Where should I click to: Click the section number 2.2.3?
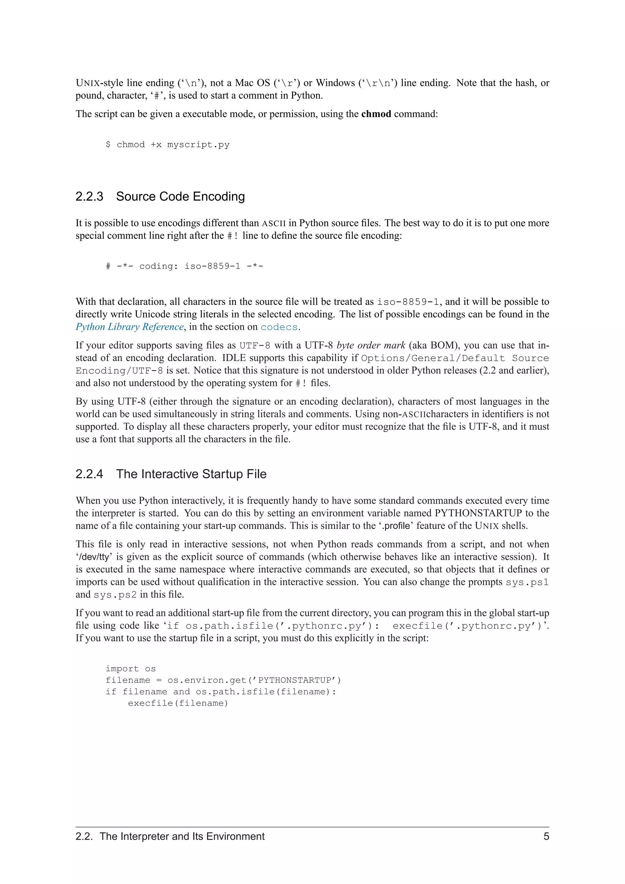(89, 197)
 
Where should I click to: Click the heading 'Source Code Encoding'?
(180, 197)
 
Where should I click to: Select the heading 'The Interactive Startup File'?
(191, 474)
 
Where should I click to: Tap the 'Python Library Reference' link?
(129, 327)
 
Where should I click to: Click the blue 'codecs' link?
(279, 327)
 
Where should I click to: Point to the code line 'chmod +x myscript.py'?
(173, 145)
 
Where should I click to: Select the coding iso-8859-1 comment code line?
(184, 266)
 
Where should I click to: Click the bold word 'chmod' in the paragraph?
(376, 114)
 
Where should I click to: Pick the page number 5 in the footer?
(546, 836)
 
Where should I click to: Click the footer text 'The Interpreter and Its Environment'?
(182, 836)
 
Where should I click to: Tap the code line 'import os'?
(131, 669)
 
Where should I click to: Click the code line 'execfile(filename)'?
(178, 703)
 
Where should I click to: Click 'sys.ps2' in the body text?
(115, 595)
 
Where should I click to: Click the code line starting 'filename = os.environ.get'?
(223, 680)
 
